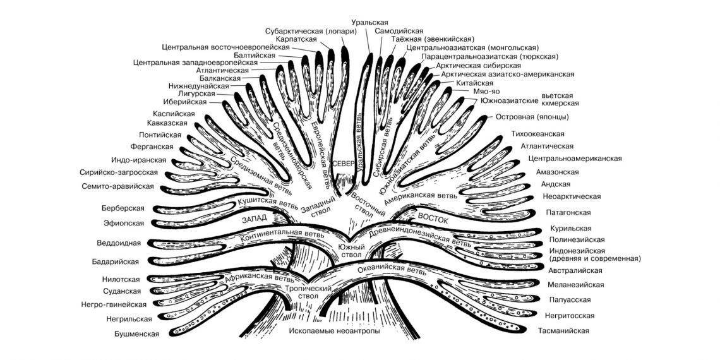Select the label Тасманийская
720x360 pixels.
563,331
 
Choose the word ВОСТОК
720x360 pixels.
433,220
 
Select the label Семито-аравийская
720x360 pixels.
118,186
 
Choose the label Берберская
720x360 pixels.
123,208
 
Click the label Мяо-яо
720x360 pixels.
486,92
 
